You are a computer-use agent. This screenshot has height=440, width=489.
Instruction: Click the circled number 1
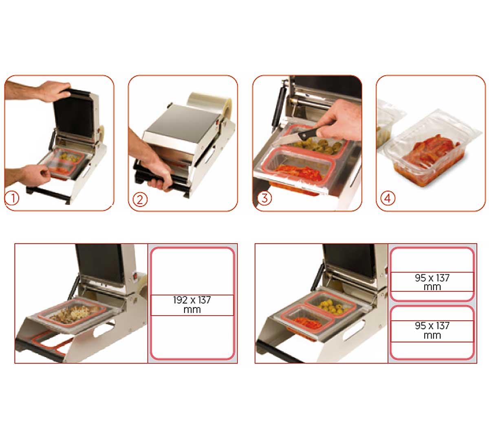tap(12, 198)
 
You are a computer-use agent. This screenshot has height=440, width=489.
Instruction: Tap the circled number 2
tap(140, 200)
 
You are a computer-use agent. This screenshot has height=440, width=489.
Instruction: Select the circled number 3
tap(264, 198)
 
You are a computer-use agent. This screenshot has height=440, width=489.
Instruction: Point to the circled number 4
tap(388, 198)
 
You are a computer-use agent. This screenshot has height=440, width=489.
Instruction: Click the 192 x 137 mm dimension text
tap(192, 305)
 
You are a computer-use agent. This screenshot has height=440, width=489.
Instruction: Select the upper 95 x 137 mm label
tap(432, 282)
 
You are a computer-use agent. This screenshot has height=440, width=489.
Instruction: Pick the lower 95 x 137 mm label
tap(432, 330)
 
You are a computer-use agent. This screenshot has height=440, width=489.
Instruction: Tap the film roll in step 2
tap(211, 107)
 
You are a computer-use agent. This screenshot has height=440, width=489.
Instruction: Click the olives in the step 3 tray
tap(317, 145)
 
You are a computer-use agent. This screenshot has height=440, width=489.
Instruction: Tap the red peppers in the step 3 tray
tap(299, 172)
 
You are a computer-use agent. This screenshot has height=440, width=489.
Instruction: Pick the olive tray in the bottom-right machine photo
tap(330, 304)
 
